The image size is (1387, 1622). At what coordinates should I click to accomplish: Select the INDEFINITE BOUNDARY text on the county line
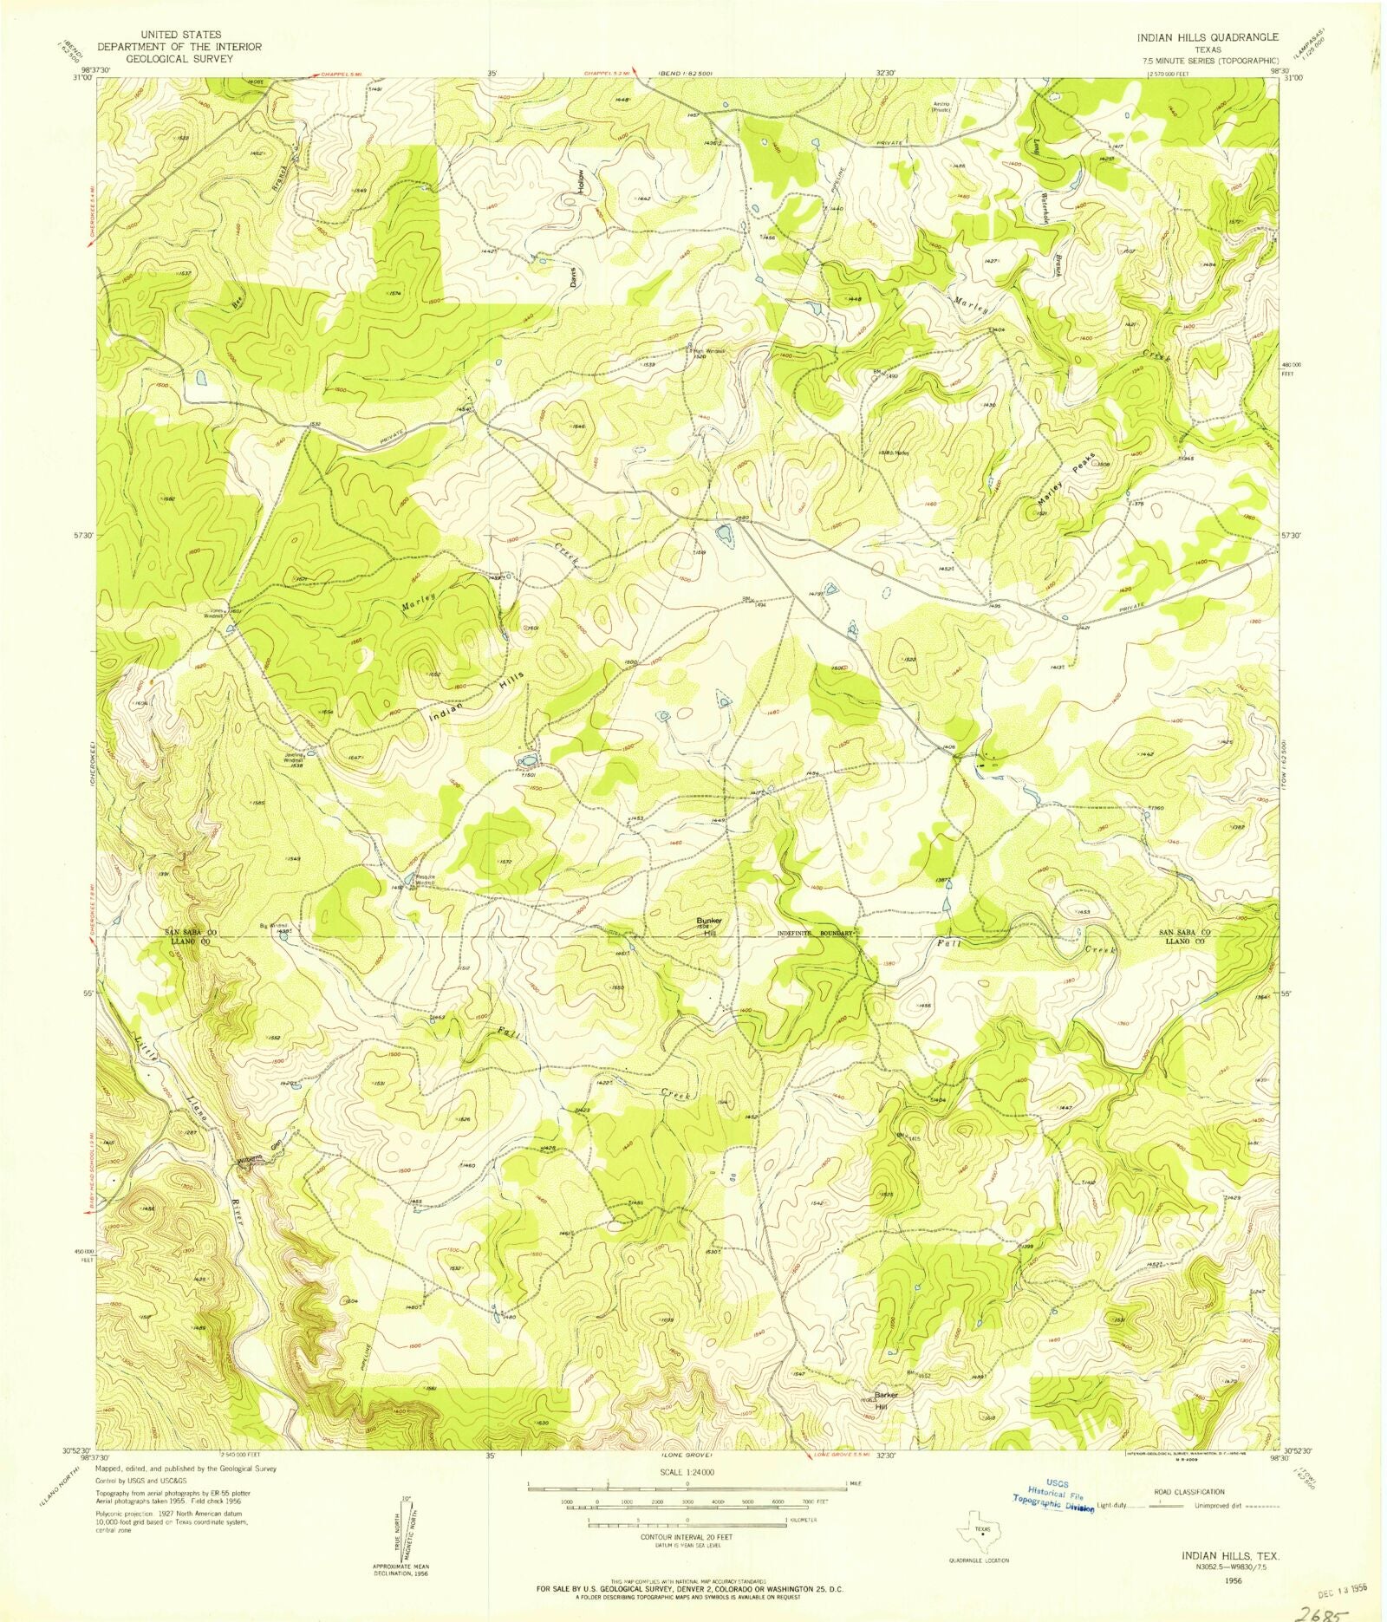(x=815, y=935)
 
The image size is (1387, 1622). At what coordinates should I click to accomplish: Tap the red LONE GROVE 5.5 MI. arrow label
(x=845, y=1455)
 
